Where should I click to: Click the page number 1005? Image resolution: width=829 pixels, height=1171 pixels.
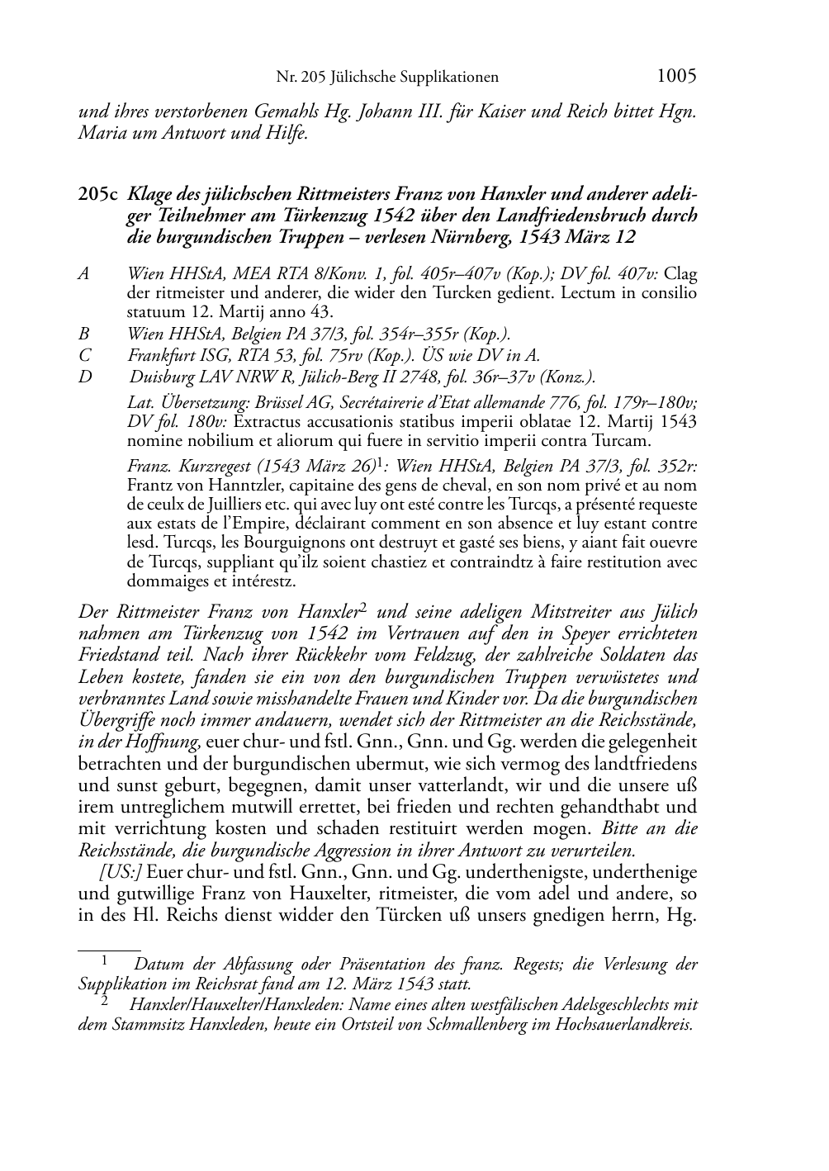[x=676, y=76]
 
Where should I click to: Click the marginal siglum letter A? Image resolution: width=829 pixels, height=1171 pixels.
[x=83, y=273]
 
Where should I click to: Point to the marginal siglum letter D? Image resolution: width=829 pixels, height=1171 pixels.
[x=84, y=377]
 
